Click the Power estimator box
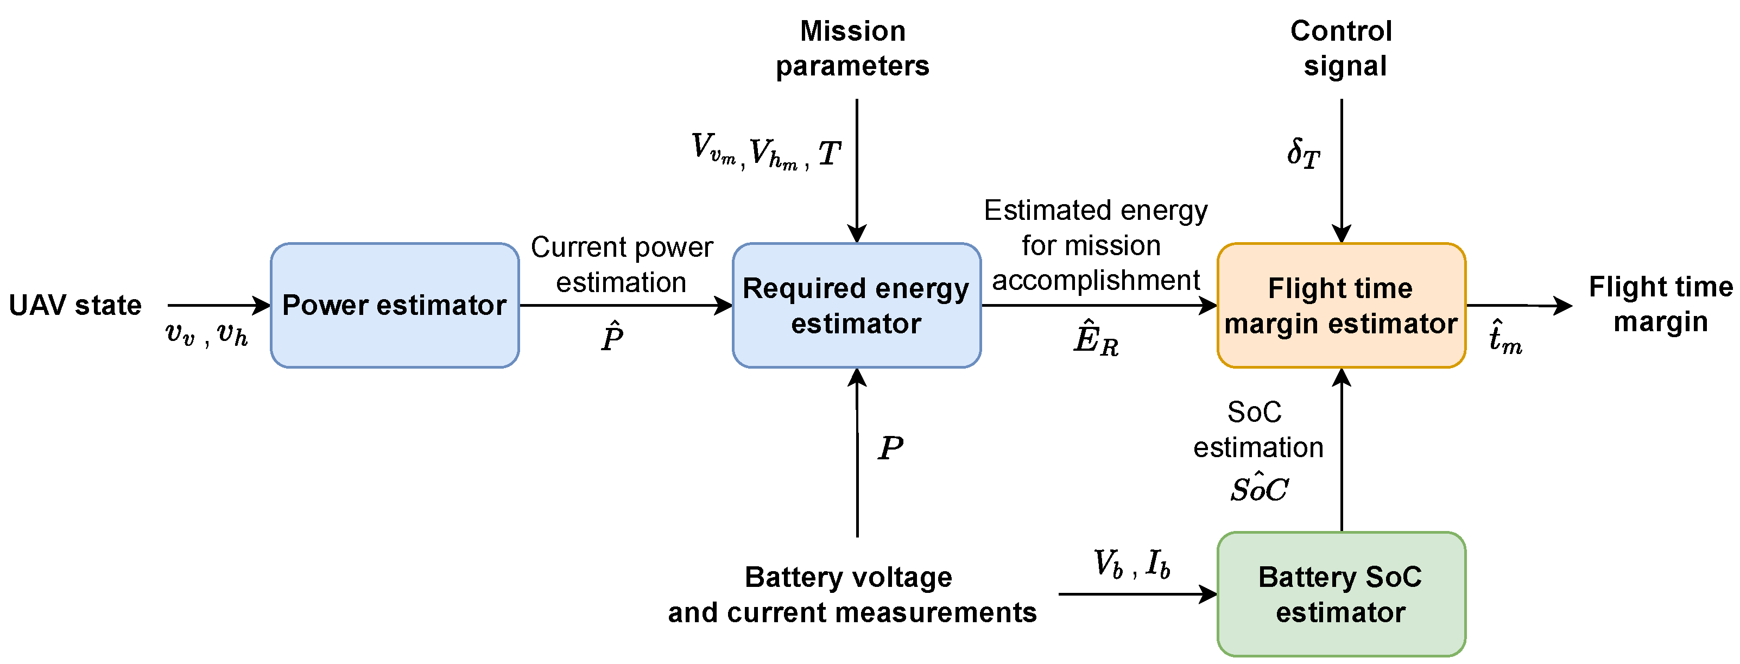pos(395,305)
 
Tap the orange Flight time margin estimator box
pos(1341,305)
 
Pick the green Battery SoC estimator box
pos(1341,594)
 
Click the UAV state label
pos(75,305)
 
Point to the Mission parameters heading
pos(852,49)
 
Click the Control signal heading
pos(1342,49)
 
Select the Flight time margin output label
pos(1660,304)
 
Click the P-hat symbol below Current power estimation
pos(612,337)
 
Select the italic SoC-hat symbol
pos(1259,488)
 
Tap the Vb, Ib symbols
pos(1131,564)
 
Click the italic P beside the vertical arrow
pos(890,448)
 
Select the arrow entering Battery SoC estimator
pos(1138,594)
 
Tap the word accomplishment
pos(1096,280)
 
